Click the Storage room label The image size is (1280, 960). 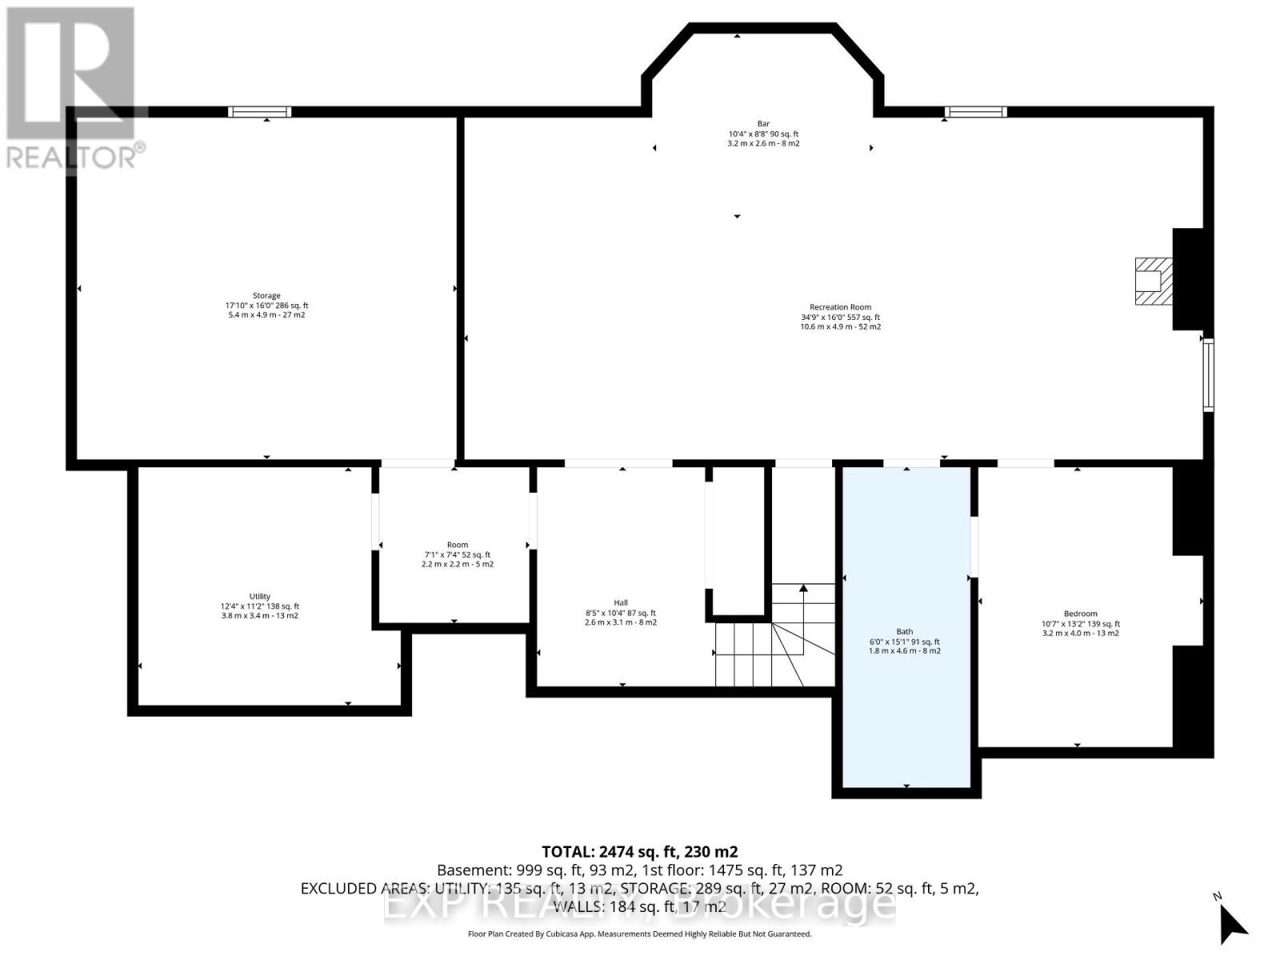pyautogui.click(x=266, y=296)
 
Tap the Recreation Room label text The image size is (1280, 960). pyautogui.click(x=840, y=307)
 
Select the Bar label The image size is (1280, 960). pyautogui.click(x=763, y=124)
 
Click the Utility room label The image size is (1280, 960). pyautogui.click(x=260, y=597)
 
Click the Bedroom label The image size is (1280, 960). pyautogui.click(x=1080, y=614)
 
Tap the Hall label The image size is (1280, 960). pyautogui.click(x=621, y=603)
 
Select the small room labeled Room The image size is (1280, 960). pyautogui.click(x=457, y=546)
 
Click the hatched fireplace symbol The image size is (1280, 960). pyautogui.click(x=1153, y=281)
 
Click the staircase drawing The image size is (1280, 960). pyautogui.click(x=772, y=640)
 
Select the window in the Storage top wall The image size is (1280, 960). pyautogui.click(x=259, y=112)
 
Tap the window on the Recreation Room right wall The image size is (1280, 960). pyautogui.click(x=1208, y=374)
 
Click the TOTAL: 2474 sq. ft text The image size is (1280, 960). pyautogui.click(x=639, y=852)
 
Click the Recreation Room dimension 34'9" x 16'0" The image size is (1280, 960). pyautogui.click(x=840, y=318)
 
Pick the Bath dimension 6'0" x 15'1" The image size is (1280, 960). pyautogui.click(x=904, y=642)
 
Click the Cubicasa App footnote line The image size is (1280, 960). pyautogui.click(x=639, y=934)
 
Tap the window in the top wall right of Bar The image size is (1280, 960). pyautogui.click(x=975, y=112)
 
